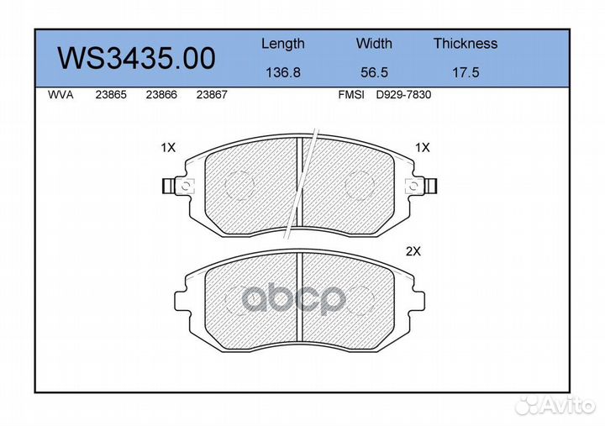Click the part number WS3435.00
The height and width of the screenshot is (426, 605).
[136, 58]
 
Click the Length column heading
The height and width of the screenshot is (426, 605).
[283, 44]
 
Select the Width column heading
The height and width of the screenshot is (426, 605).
[374, 43]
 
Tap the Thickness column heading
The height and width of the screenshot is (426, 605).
[466, 43]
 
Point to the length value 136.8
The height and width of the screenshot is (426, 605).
[283, 72]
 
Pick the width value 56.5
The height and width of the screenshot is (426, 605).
[374, 72]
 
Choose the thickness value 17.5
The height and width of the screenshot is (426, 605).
[466, 72]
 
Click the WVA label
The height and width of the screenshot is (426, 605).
[60, 95]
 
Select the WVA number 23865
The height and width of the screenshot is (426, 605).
[111, 95]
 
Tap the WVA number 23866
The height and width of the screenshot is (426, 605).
[161, 95]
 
